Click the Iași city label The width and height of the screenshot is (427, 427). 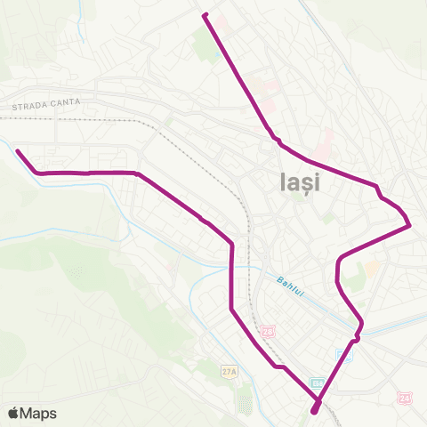tap(294, 183)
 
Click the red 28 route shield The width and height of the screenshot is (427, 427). tap(268, 331)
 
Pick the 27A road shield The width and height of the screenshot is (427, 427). tap(230, 372)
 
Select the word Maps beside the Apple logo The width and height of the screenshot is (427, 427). tap(39, 413)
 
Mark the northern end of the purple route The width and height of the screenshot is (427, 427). tap(205, 15)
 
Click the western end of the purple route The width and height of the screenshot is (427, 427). tap(17, 150)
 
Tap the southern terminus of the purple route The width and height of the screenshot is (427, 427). tap(316, 410)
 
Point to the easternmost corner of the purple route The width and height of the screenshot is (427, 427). tap(409, 225)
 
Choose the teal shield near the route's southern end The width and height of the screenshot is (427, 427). tap(318, 383)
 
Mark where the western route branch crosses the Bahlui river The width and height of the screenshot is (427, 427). tap(232, 272)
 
